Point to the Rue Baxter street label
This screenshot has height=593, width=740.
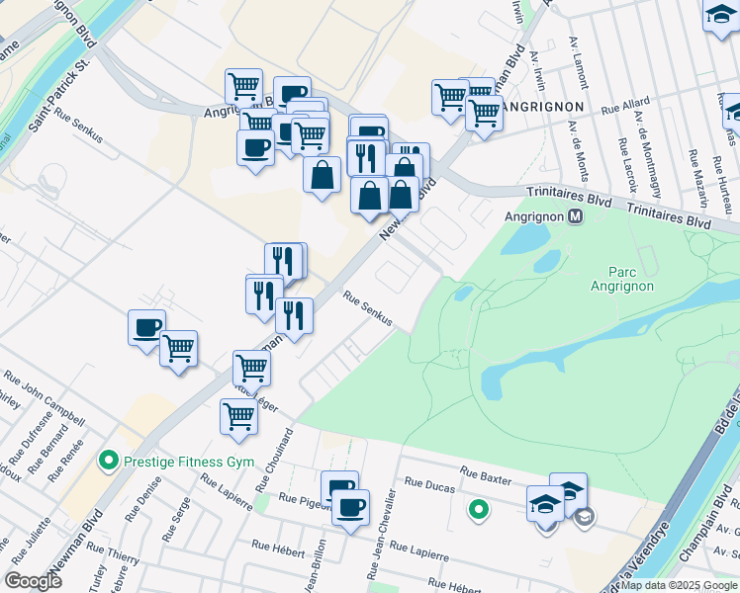click(x=486, y=474)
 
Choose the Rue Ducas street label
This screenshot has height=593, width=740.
click(x=427, y=484)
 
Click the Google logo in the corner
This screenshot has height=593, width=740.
click(x=34, y=580)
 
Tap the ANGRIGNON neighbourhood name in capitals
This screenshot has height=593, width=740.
click(x=542, y=105)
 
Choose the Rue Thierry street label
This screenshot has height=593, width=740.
click(x=110, y=553)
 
